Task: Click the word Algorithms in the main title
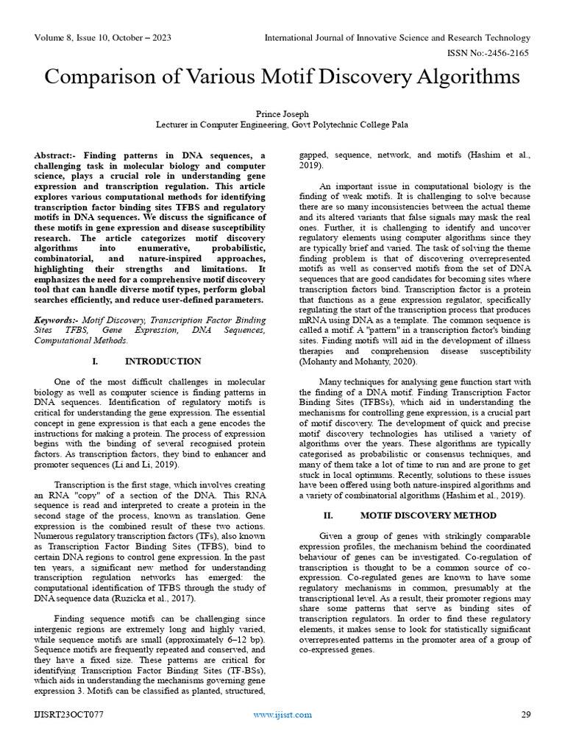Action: (451, 77)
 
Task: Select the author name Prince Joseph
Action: (282, 114)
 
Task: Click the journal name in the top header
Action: (397, 38)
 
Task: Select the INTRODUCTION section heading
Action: (163, 362)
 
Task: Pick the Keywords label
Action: (57, 320)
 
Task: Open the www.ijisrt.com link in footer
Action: (282, 714)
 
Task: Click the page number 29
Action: (525, 714)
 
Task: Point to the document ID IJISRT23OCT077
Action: (68, 714)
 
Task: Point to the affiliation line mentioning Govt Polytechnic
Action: (282, 125)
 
